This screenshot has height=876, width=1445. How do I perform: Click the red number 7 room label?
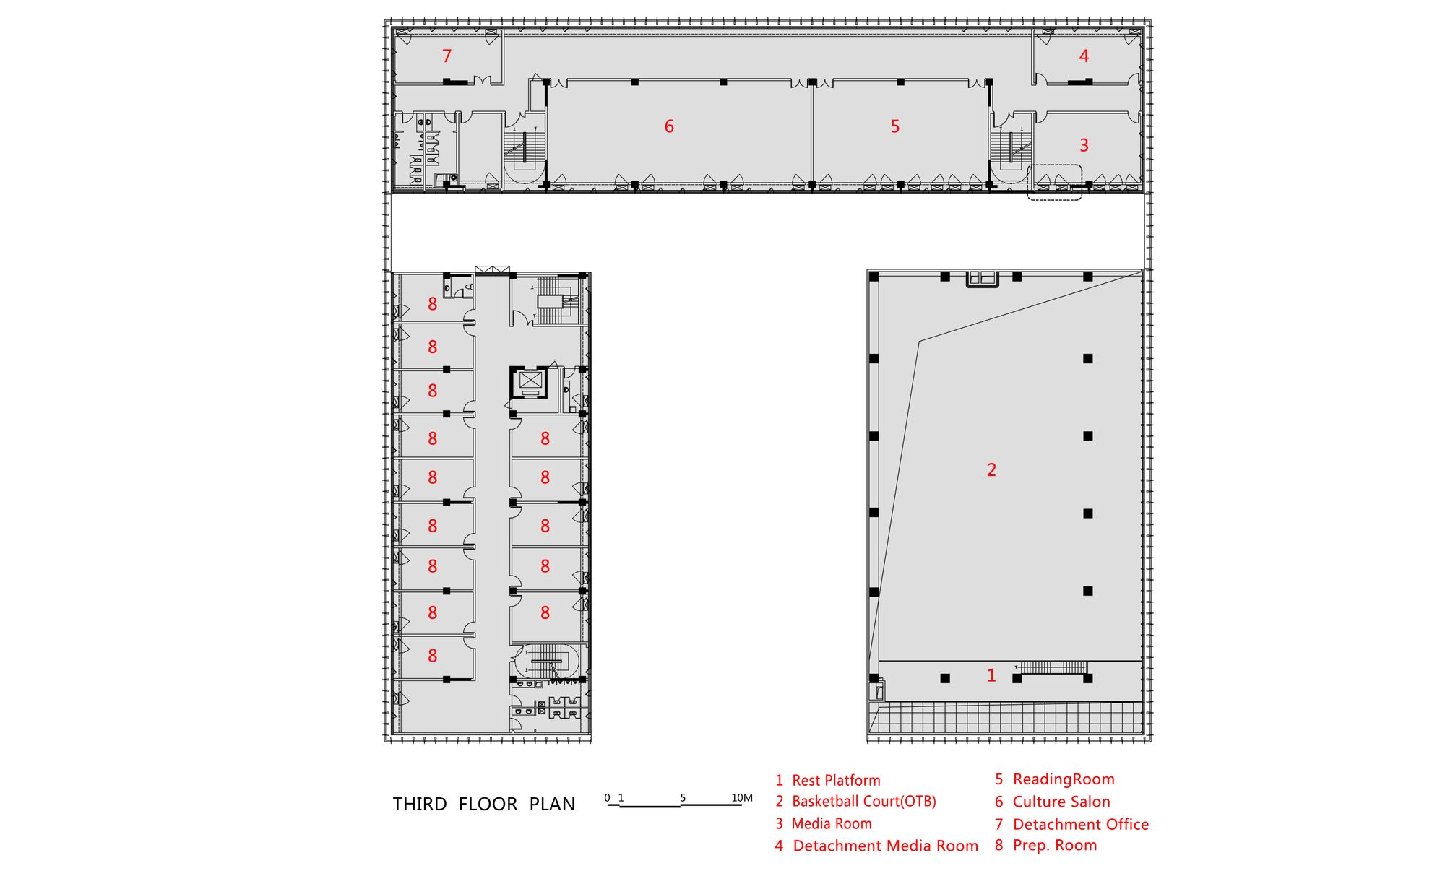[447, 56]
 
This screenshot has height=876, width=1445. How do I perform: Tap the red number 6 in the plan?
[669, 126]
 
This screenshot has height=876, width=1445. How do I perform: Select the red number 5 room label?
[895, 126]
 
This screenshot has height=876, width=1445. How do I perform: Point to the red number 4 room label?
[1084, 56]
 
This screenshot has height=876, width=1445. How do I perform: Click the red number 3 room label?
[1084, 145]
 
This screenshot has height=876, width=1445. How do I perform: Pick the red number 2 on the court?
[991, 469]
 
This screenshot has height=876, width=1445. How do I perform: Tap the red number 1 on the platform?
[991, 675]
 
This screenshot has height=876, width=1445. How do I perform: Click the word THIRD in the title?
[419, 805]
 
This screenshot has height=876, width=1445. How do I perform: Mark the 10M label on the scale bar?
[742, 798]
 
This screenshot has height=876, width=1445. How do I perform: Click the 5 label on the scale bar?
[683, 798]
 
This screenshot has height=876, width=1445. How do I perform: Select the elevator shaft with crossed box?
[530, 382]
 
